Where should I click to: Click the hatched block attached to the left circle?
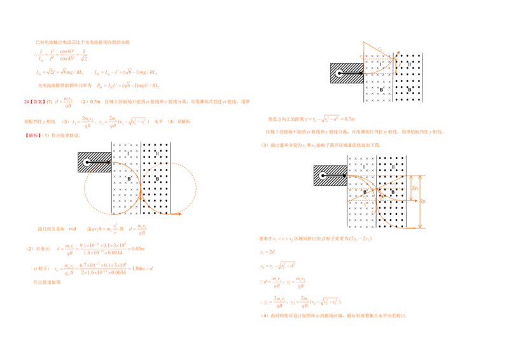(x=94, y=162)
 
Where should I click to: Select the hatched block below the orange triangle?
(x=346, y=73)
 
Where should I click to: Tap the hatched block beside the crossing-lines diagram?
(x=330, y=175)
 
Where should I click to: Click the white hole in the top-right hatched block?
(x=340, y=74)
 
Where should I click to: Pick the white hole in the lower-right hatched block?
(x=323, y=176)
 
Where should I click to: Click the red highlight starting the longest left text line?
(x=34, y=102)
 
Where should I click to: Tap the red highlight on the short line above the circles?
(x=32, y=136)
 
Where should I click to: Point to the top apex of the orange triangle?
(x=363, y=43)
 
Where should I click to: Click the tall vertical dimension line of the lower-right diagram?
(x=420, y=200)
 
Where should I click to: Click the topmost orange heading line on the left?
(x=83, y=41)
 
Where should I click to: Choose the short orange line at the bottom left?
(x=46, y=282)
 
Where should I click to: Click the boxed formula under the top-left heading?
(x=61, y=57)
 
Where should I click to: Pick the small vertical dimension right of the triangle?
(x=396, y=64)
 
